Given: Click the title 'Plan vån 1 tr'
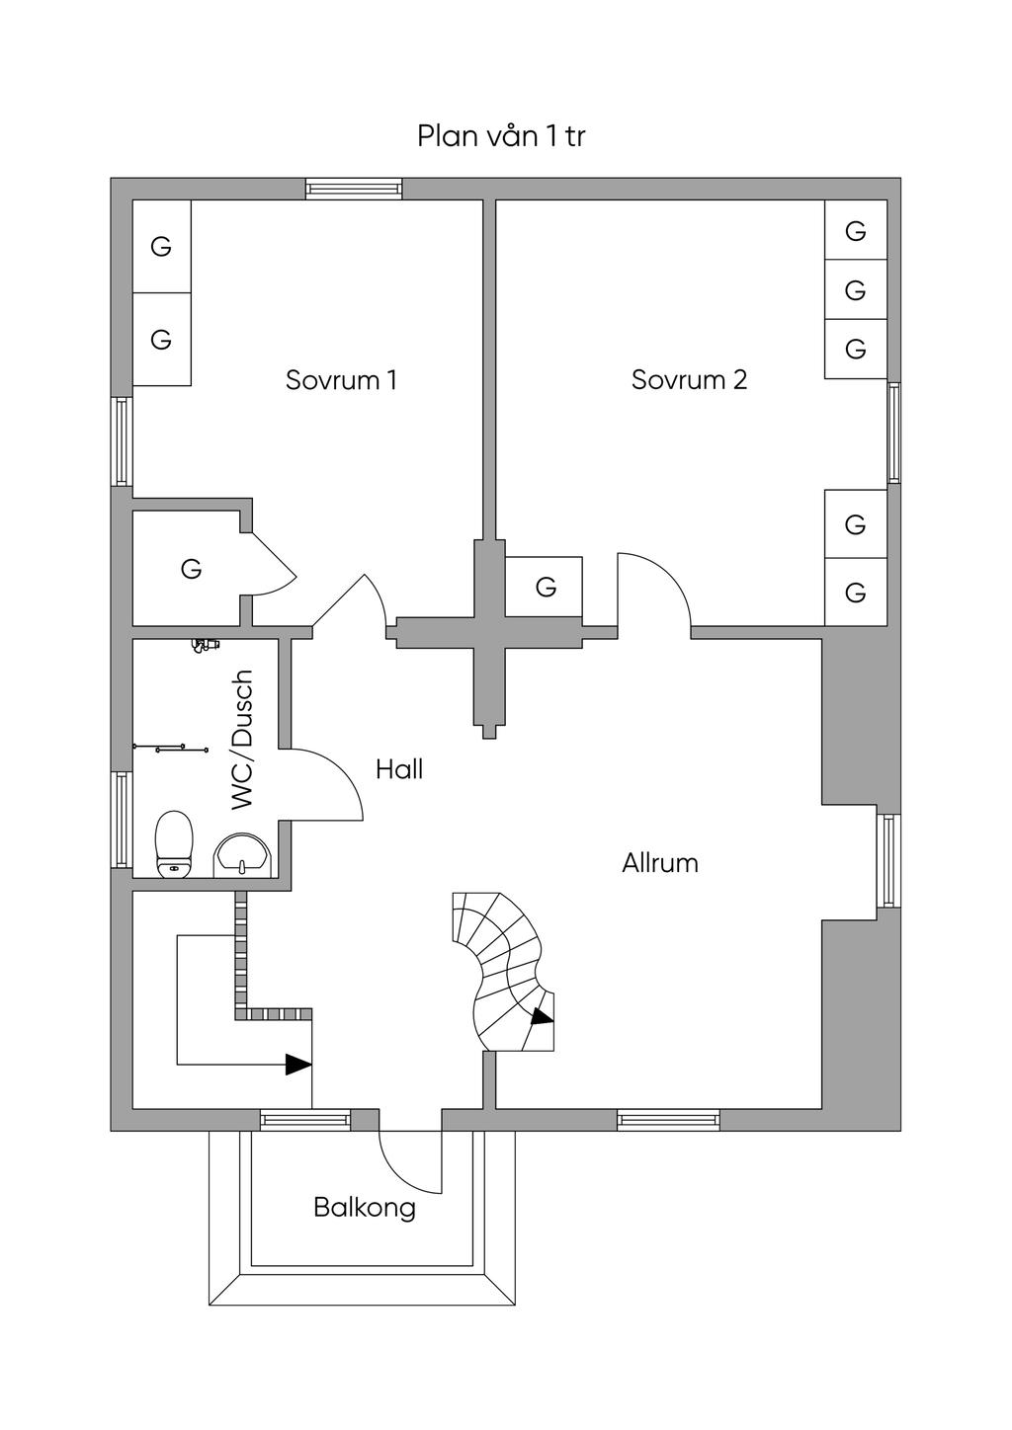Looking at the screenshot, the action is (x=501, y=136).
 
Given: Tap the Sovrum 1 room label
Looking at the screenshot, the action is (x=341, y=380).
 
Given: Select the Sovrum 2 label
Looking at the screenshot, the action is (x=689, y=380).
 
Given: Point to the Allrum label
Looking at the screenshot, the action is (x=660, y=863).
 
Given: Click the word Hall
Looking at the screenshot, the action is (x=399, y=769).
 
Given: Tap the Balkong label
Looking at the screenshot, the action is (x=365, y=1208).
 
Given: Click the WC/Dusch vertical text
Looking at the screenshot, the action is (x=243, y=741).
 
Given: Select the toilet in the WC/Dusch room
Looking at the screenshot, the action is (x=174, y=844).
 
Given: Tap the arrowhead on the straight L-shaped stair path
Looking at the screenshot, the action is (x=298, y=1065).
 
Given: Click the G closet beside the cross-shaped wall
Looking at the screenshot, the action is (x=544, y=586).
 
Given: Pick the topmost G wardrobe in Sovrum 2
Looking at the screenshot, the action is (x=856, y=230).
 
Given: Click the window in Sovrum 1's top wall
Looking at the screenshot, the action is (x=355, y=189).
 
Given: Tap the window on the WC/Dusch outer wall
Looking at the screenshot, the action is (x=122, y=820).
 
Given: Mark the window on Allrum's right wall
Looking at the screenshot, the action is (x=888, y=860).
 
